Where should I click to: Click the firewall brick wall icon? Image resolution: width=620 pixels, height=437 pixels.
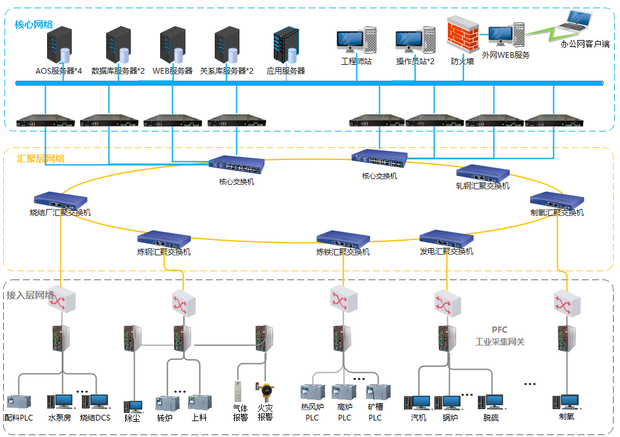pos(462,39)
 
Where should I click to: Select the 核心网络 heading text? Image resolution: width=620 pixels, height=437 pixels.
pos(34,25)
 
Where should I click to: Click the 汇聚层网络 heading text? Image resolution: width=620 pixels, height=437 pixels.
pos(41,158)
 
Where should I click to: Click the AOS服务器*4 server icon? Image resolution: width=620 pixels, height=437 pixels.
pos(59,47)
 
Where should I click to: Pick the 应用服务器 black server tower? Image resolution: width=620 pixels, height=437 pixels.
pos(285,46)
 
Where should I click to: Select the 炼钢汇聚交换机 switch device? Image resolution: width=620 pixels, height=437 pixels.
pos(164,239)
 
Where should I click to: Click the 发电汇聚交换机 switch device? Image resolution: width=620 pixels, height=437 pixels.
pos(446,238)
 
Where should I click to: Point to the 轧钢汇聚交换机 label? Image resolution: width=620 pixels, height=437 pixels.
pos(483,186)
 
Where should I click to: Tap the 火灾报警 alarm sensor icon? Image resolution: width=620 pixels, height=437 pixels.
pos(264,391)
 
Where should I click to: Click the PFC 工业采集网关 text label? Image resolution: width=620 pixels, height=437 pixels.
pos(500,336)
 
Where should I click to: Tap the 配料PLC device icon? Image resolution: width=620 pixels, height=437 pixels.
pos(18,402)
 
